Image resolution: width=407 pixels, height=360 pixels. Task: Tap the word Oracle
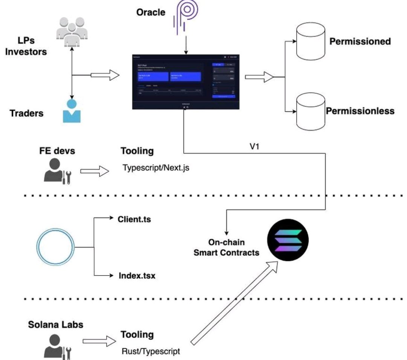pos(150,12)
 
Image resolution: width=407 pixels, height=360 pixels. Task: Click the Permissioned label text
pos(360,41)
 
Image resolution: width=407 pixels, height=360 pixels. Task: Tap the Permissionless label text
pos(360,111)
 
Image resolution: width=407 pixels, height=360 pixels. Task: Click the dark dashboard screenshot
pos(186,82)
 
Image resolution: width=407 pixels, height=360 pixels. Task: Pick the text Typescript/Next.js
pos(156,168)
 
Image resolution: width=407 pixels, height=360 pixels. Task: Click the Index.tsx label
pos(134,276)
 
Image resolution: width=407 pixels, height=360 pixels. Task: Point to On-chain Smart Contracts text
pos(226,247)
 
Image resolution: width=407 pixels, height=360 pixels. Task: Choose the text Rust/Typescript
pos(151,351)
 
